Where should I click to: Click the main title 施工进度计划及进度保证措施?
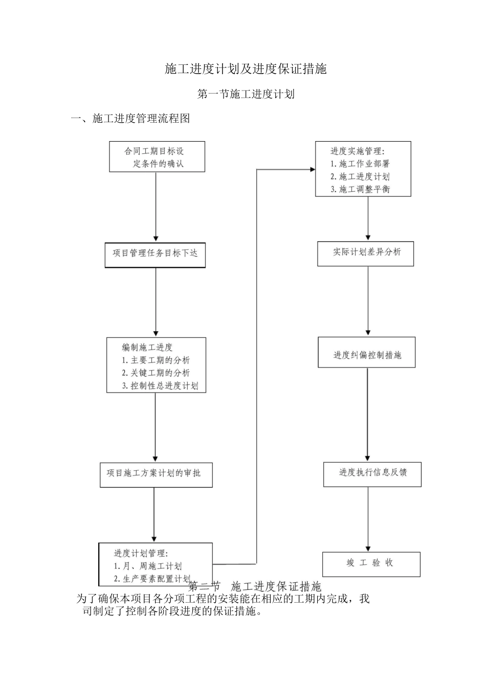point(246,69)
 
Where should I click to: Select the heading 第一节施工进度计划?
point(246,94)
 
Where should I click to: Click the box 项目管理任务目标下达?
point(155,254)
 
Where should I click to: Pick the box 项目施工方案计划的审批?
point(156,474)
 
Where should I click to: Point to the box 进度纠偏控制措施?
point(366,353)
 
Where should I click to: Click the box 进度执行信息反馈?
point(372,474)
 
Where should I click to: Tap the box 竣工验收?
point(371,564)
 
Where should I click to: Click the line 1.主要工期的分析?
point(156,360)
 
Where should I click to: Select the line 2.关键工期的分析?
point(156,373)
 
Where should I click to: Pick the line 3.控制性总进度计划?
point(160,386)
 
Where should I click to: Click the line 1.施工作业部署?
point(360,164)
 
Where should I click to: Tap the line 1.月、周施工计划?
point(147,566)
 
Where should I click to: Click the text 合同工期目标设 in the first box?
point(154,151)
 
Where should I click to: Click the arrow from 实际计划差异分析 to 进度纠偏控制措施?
point(368,302)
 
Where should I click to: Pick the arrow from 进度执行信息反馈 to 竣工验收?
point(368,519)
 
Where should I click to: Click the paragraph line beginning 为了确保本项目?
point(223,599)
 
